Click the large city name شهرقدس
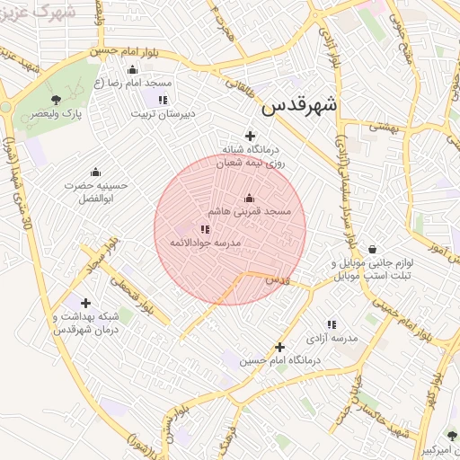(x=299, y=105)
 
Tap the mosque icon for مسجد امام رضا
(x=133, y=69)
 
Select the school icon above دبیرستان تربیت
(x=163, y=100)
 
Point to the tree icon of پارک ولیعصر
(x=57, y=100)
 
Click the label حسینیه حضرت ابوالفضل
(x=96, y=190)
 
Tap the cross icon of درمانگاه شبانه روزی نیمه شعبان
(x=250, y=136)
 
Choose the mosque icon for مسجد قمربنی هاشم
(x=249, y=198)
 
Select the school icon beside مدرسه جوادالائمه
(x=206, y=230)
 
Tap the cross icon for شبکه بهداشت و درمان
(x=85, y=303)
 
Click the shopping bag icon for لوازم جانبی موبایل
(x=372, y=249)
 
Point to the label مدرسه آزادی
(x=331, y=338)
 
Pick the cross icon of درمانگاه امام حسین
(x=279, y=347)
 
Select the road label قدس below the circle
(x=278, y=281)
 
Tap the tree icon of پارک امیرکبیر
(x=452, y=436)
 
